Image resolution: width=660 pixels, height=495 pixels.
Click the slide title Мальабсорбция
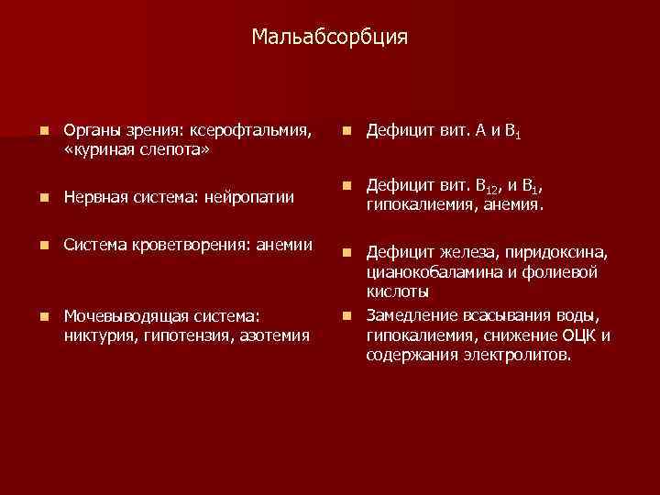(x=330, y=38)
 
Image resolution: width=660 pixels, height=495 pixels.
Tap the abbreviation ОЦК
(x=579, y=335)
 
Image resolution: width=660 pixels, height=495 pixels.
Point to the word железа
(x=467, y=254)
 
